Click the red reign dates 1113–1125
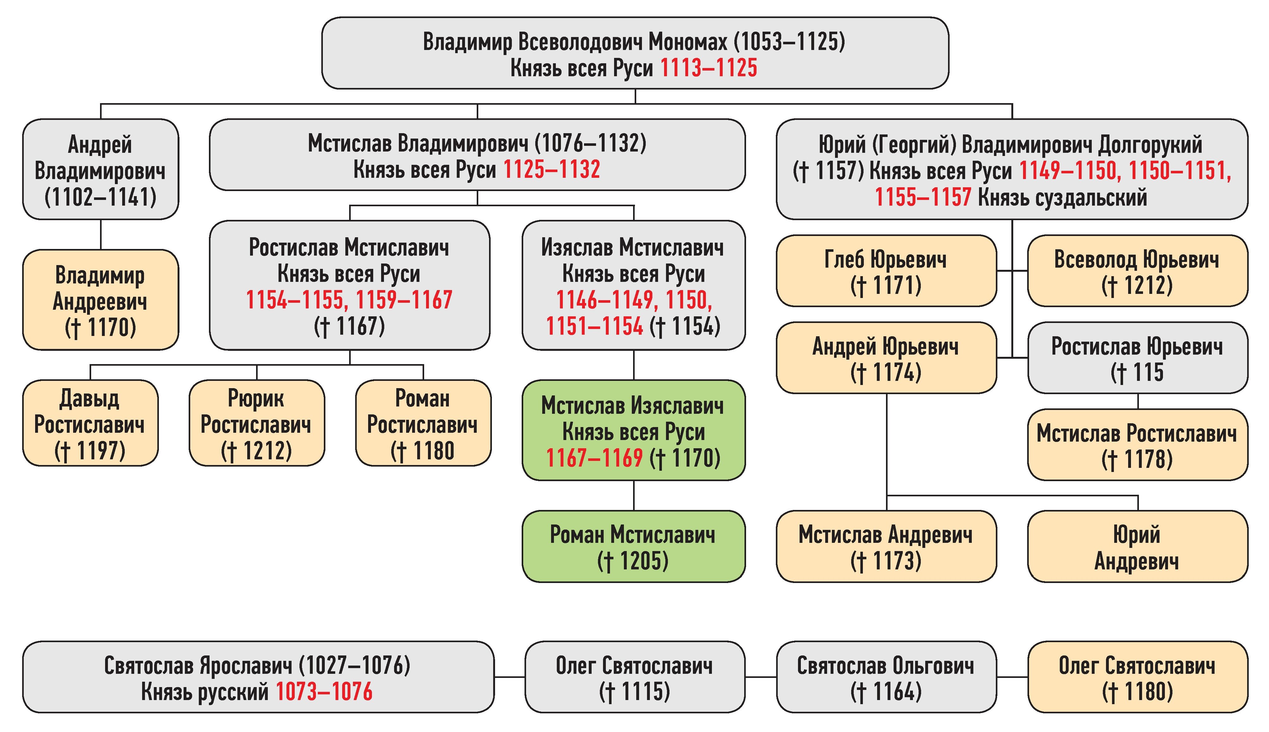click(708, 68)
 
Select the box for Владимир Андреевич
click(101, 300)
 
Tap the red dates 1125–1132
click(552, 170)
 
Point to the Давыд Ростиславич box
click(90, 423)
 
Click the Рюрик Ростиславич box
click(256, 423)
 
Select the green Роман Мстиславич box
click(633, 547)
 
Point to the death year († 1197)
click(90, 450)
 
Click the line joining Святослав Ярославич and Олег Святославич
click(510, 677)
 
